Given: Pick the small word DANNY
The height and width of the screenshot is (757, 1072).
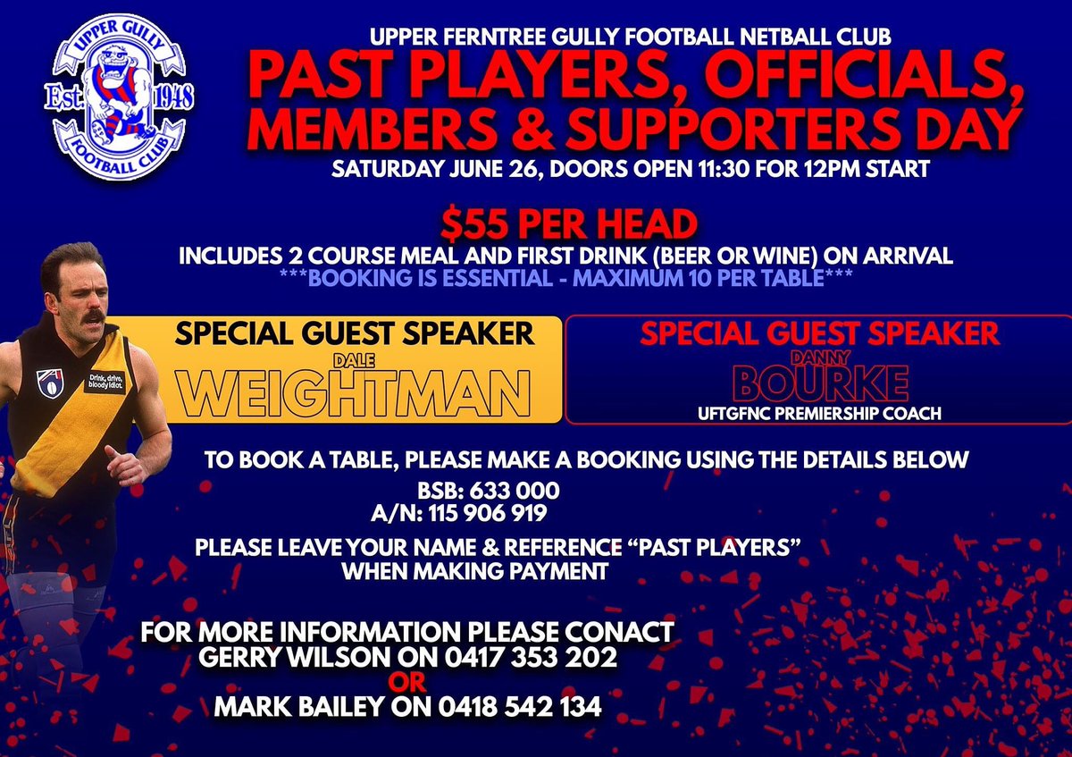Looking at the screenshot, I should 818,355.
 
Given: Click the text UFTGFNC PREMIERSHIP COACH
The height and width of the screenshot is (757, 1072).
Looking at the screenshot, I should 819,414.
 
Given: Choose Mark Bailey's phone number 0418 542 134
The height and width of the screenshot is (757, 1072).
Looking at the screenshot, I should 520,707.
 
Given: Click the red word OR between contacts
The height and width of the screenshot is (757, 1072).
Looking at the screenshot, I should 406,683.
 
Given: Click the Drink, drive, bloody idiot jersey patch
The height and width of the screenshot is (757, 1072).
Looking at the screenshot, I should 105,381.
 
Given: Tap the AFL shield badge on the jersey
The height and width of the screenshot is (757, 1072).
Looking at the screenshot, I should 49,382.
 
